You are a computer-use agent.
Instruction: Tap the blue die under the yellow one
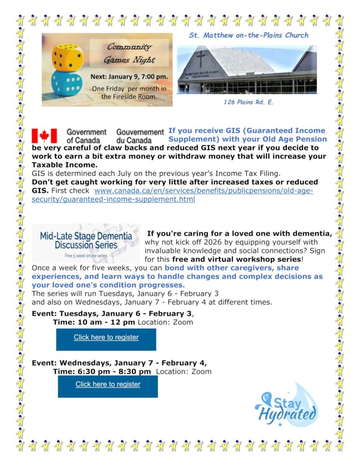click(x=67, y=82)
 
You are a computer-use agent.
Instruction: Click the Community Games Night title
click(x=129, y=53)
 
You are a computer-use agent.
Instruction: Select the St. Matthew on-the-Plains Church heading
click(x=248, y=35)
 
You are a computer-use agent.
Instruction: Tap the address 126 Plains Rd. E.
click(x=248, y=102)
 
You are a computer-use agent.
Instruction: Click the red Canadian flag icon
click(x=44, y=136)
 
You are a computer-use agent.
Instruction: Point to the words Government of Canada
click(x=86, y=136)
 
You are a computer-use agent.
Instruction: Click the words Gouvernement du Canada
click(x=140, y=136)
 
